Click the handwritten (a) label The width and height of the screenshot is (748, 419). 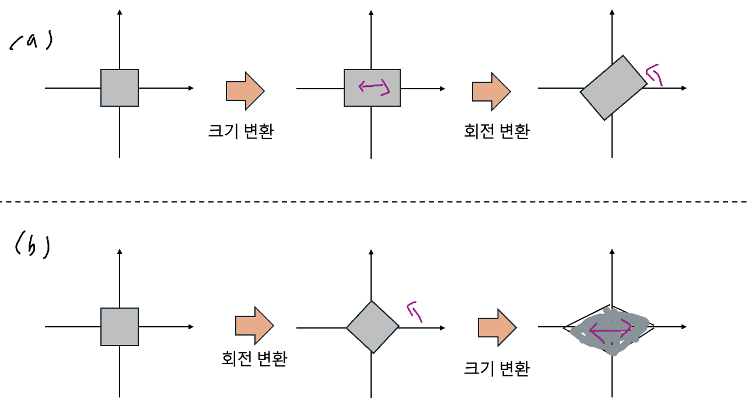[32, 43]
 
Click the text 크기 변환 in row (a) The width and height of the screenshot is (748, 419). [241, 131]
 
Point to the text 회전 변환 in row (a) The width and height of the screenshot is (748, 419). [497, 131]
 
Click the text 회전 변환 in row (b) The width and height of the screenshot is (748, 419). [254, 358]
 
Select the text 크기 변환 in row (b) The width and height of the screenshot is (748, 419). [497, 368]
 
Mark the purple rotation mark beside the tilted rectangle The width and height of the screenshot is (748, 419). [655, 74]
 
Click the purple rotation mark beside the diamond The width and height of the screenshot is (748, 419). [415, 311]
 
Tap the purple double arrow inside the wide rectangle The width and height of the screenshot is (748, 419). [373, 88]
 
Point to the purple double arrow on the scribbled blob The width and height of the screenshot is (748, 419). [610, 331]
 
